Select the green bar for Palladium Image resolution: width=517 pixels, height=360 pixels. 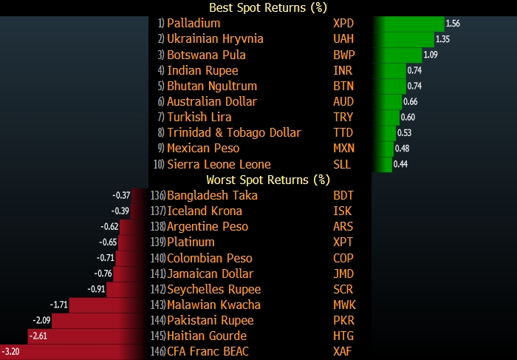point(410,24)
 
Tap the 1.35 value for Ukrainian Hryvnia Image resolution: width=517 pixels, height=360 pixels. point(443,39)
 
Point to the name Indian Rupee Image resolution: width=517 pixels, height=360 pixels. point(202,70)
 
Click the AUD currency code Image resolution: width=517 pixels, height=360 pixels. point(344,101)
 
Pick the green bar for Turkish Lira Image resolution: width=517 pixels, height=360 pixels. point(388,117)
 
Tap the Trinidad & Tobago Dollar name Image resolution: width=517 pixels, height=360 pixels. point(234,133)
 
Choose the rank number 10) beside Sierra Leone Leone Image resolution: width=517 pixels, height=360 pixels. point(159,164)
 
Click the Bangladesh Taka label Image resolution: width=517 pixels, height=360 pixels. point(212,196)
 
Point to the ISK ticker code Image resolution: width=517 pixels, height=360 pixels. point(342,211)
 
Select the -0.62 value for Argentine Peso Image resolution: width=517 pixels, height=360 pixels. point(109,227)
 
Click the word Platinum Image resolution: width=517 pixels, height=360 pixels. point(191,242)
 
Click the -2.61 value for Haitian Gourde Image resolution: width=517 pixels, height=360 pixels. point(37,336)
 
